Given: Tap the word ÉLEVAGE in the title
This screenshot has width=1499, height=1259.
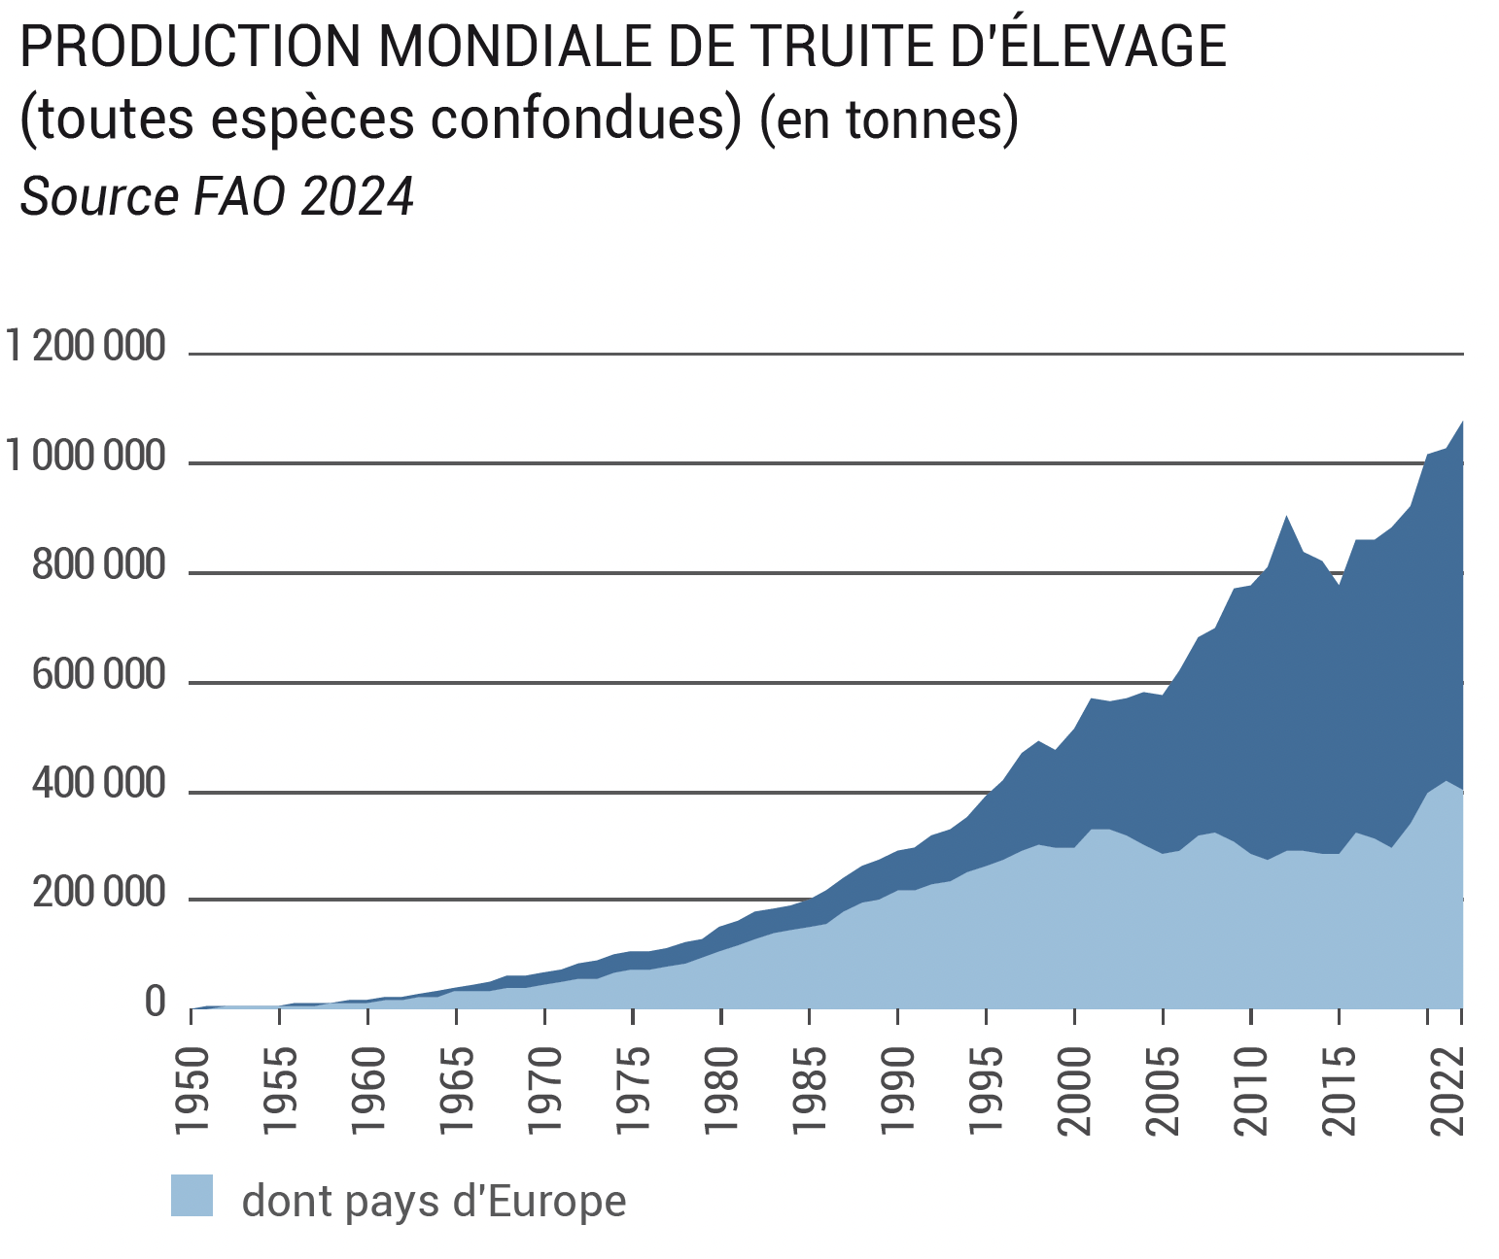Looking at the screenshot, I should [x=1112, y=46].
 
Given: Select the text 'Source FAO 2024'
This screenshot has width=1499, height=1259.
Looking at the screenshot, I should [x=217, y=196].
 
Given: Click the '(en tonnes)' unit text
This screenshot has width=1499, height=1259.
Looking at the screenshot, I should [x=889, y=120].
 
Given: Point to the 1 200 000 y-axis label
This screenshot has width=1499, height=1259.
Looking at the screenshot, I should [x=86, y=346].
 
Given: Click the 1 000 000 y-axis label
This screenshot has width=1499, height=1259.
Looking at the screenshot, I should [x=86, y=456].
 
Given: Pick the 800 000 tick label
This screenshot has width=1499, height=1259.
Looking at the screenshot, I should [x=99, y=565].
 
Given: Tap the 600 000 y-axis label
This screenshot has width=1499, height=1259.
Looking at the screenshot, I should [x=99, y=675].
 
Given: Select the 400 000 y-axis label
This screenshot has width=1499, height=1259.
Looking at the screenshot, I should [x=99, y=784].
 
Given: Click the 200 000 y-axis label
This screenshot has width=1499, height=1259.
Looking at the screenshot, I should [x=99, y=894].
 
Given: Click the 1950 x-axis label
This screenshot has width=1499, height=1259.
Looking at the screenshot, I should [x=192, y=1090].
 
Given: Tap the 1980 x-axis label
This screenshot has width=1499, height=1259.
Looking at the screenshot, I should [x=722, y=1090].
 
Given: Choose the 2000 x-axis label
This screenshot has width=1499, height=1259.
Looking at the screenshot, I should [x=1075, y=1090].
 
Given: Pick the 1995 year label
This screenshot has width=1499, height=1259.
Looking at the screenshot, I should [x=987, y=1090].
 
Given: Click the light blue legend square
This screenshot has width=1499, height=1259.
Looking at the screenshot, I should [x=192, y=1196].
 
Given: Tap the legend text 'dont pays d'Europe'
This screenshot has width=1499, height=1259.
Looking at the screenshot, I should [x=434, y=1202].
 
